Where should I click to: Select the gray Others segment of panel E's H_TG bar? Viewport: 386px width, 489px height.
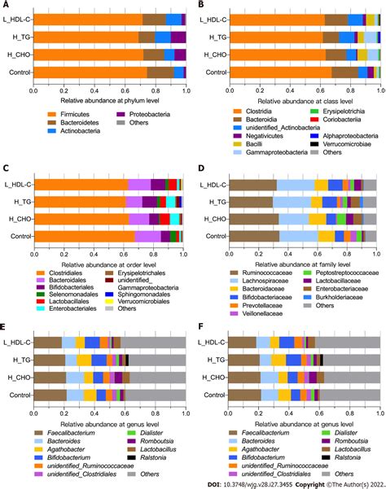pyautogui.click(x=159, y=360)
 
